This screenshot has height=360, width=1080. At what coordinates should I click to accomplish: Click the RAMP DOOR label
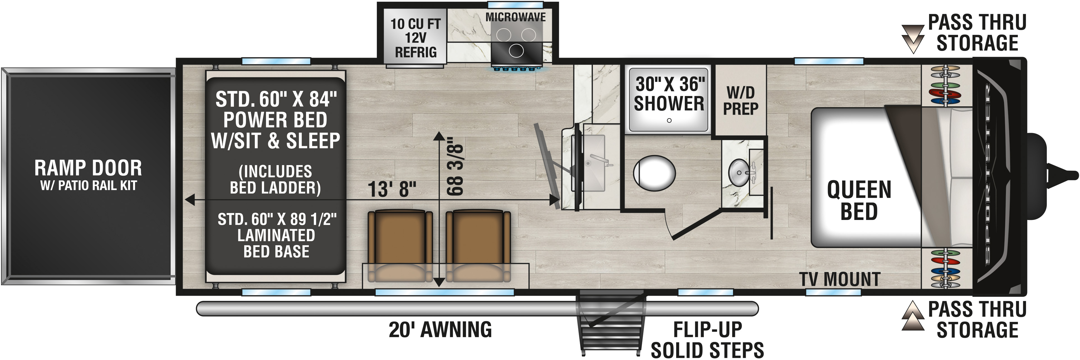[x=88, y=168]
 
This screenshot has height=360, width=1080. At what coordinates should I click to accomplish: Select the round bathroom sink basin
[x=739, y=172]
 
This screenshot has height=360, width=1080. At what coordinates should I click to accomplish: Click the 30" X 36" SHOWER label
[x=669, y=94]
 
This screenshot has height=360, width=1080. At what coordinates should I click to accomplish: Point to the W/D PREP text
[x=741, y=101]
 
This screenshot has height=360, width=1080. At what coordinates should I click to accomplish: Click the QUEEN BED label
[x=859, y=200]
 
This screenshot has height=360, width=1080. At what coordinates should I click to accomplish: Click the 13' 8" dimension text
[x=392, y=189]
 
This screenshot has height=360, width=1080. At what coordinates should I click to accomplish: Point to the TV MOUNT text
[x=839, y=279]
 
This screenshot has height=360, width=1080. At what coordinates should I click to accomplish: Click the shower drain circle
[x=669, y=120]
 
